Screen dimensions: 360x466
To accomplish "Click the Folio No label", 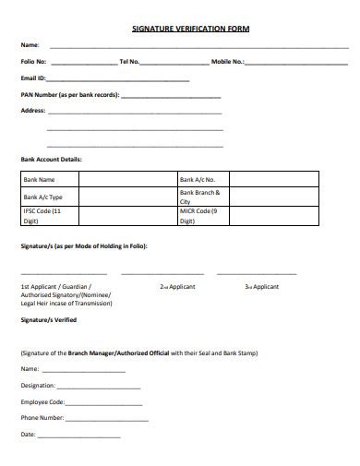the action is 33,62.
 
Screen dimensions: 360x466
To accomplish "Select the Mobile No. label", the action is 228,62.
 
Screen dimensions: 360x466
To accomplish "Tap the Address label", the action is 33,111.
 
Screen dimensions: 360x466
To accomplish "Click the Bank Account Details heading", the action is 52,159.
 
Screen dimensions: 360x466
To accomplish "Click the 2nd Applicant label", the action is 177,287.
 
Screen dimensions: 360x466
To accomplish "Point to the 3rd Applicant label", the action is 261,287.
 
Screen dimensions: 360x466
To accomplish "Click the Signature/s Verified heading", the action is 49,319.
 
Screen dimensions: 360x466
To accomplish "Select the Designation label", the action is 38,385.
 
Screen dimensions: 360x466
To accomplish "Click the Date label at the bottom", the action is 28,434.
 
